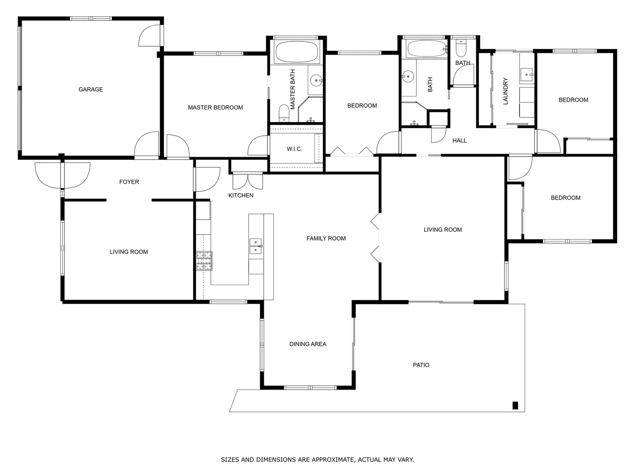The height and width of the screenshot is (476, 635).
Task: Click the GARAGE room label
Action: click(90, 89)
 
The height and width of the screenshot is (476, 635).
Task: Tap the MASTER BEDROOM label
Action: click(215, 108)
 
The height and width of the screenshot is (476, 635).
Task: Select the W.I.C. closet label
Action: click(295, 149)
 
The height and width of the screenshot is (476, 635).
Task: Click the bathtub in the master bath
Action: click(296, 52)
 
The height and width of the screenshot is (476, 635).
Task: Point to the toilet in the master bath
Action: click(284, 113)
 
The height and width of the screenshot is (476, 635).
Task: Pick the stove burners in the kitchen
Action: click(204, 260)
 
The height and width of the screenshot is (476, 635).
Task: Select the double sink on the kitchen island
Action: click(256, 246)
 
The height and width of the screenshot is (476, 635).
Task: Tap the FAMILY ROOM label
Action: click(326, 238)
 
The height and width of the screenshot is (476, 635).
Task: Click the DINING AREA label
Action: click(308, 344)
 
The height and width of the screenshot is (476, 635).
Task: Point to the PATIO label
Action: click(421, 365)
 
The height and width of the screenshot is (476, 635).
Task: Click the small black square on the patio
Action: click(515, 405)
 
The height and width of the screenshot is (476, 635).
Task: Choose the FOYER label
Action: click(129, 182)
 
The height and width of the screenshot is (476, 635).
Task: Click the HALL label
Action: click(459, 141)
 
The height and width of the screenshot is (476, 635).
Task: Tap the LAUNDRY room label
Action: click(505, 91)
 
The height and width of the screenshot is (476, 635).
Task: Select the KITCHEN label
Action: click(241, 195)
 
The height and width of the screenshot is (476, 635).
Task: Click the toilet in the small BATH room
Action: click(461, 48)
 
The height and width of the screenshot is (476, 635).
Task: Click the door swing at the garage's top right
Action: click(149, 36)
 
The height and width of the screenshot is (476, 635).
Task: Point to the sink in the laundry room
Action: click(527, 74)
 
